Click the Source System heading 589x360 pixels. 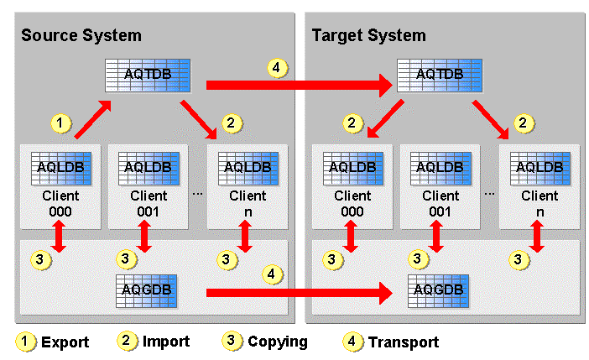tap(81, 35)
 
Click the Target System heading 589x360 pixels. tap(368, 35)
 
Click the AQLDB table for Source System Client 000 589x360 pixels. tap(60, 166)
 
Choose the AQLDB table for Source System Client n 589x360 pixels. tap(246, 166)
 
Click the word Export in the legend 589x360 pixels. tap(65, 342)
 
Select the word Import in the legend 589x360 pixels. tap(166, 342)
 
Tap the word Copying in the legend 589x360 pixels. tap(278, 342)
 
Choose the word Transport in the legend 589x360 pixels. tap(404, 342)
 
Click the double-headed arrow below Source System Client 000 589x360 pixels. tap(60, 238)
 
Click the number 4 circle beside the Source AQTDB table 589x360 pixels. tap(276, 67)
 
